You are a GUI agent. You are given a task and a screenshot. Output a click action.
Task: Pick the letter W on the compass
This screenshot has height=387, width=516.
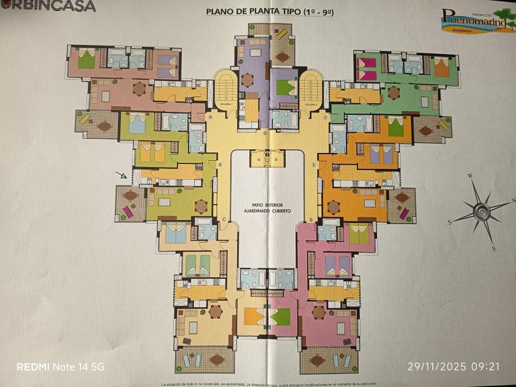coord(471,176)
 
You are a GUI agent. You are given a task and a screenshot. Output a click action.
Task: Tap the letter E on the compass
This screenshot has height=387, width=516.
coord(494,248)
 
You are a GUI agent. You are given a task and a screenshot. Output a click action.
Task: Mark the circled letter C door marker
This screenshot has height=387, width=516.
coord(224,219)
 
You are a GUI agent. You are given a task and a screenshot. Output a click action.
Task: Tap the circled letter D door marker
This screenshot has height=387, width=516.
coord(311,219)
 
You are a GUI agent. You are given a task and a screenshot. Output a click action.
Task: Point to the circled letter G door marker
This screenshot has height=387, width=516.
coord(265,133)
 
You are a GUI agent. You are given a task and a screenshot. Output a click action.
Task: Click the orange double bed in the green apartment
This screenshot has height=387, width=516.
coord(442,67)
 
